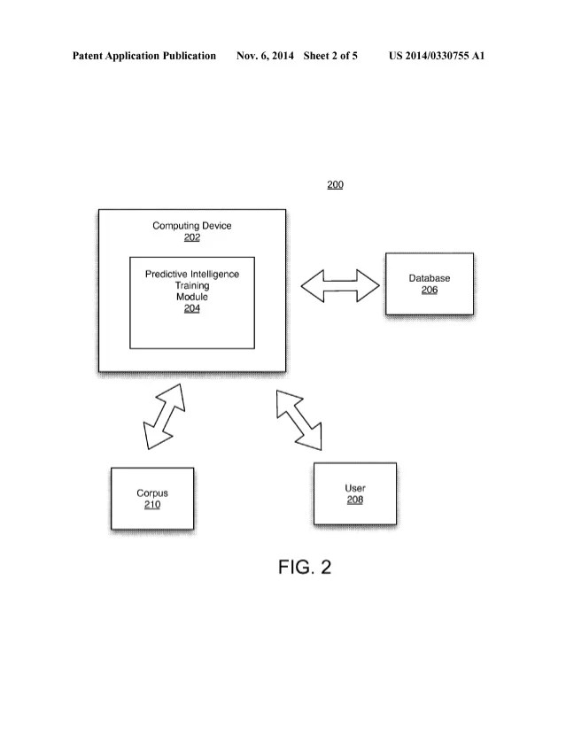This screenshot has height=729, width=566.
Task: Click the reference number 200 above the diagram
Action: click(x=335, y=185)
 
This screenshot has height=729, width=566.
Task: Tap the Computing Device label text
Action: click(x=192, y=226)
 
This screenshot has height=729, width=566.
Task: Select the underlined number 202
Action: click(x=192, y=237)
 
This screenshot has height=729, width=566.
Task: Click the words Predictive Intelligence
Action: click(x=192, y=275)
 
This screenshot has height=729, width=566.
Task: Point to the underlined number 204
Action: click(x=192, y=309)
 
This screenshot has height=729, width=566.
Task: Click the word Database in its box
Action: click(x=430, y=278)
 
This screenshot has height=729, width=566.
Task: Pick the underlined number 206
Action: click(x=430, y=290)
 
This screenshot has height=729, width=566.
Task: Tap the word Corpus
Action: click(x=152, y=493)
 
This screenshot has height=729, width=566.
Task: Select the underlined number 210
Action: click(x=152, y=505)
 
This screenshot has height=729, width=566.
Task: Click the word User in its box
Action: click(x=355, y=488)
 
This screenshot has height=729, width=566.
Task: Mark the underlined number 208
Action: click(x=355, y=500)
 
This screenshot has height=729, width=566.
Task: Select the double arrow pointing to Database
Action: click(x=341, y=284)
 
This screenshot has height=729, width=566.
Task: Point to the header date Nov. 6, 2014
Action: click(x=265, y=56)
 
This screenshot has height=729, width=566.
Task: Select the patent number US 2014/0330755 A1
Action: click(x=437, y=56)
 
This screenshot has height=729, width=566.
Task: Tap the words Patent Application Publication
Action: click(x=144, y=56)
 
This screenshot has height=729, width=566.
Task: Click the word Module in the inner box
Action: click(x=192, y=298)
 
